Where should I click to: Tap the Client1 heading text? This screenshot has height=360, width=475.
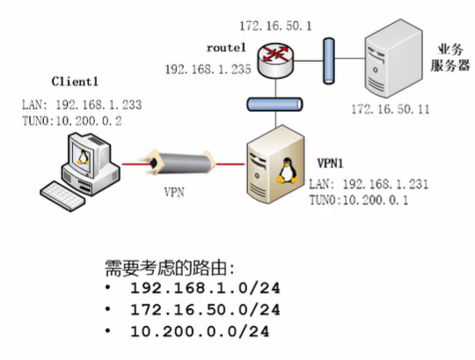[x=73, y=86]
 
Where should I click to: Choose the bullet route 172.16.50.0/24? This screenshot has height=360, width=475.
[x=205, y=309]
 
